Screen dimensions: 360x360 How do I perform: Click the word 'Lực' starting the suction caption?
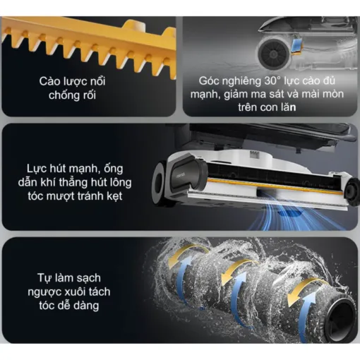click(x=33, y=168)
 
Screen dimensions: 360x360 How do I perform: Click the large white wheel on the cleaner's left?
click(x=167, y=181)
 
